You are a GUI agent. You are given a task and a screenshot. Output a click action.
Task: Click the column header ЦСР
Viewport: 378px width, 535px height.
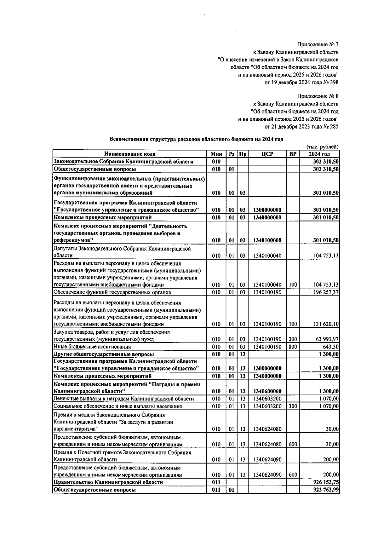[267, 154]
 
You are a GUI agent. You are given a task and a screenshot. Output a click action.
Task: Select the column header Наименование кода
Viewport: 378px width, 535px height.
[130, 154]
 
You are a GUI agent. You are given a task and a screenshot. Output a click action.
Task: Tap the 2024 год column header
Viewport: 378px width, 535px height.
[319, 154]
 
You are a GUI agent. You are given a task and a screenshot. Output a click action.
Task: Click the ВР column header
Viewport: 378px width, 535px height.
[293, 154]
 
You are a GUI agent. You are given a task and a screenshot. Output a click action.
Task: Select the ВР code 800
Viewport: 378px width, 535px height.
[293, 347]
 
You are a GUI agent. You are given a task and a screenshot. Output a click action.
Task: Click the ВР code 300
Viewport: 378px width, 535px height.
[293, 406]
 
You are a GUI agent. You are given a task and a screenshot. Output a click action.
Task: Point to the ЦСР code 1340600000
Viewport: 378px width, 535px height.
[267, 391]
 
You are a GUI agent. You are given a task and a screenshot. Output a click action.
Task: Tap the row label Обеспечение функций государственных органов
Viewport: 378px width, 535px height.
[112, 292]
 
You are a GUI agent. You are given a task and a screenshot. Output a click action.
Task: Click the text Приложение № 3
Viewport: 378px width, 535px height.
[318, 44]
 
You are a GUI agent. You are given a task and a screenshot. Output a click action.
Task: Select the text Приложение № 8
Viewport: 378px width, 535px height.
[318, 96]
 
